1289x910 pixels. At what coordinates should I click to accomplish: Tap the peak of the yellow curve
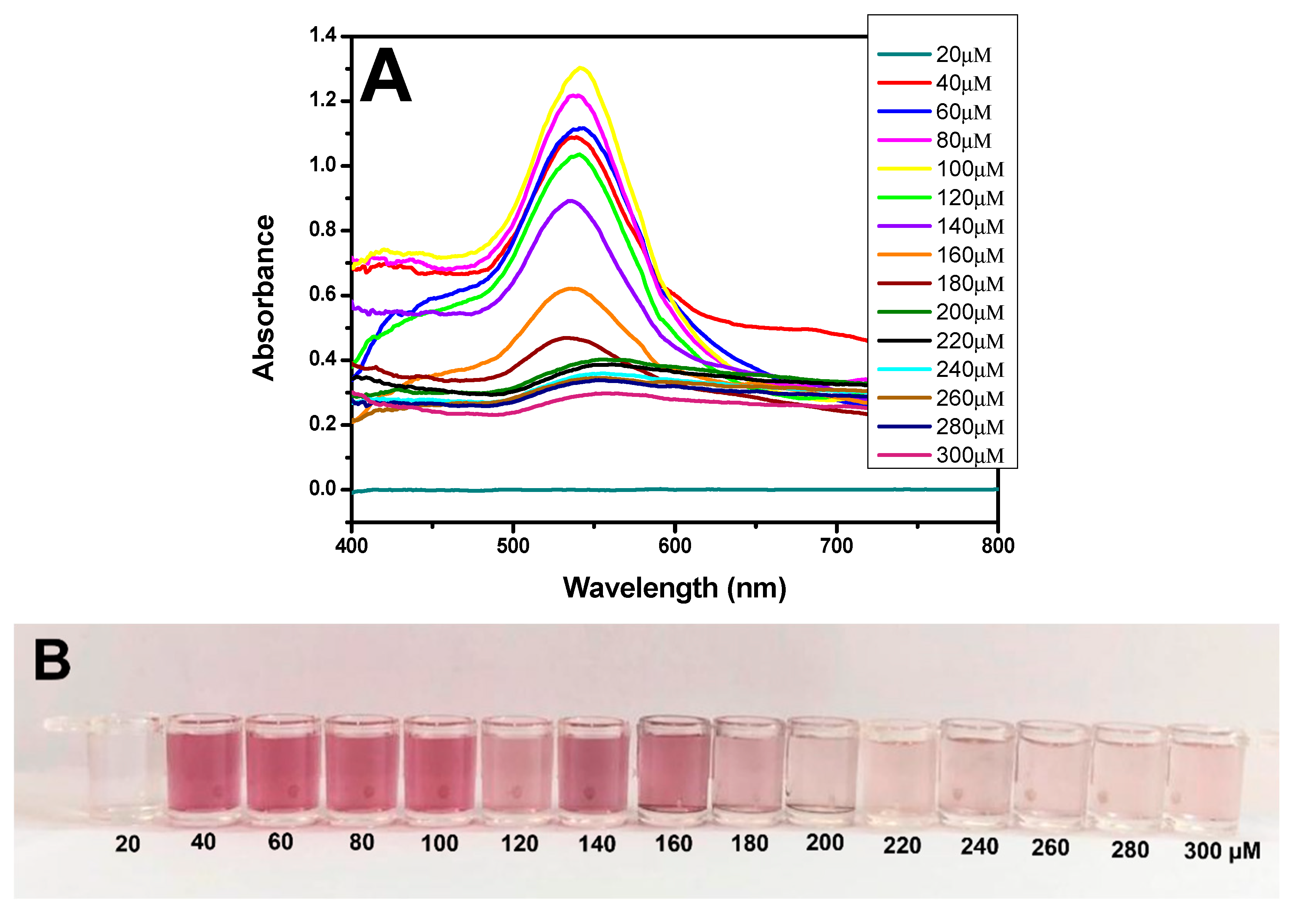point(581,68)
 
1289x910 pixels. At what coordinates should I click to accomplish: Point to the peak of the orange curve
point(571,289)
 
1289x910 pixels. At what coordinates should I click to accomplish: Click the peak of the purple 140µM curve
point(571,201)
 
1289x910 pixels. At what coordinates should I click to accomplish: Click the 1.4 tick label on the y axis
point(323,35)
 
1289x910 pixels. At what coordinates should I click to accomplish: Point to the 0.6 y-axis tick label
point(323,294)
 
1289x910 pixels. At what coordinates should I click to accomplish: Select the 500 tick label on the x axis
point(513,545)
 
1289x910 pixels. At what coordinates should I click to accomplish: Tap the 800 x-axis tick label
point(998,545)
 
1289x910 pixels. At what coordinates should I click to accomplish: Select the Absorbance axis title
point(263,298)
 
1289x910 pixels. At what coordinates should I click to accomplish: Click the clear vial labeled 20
point(126,769)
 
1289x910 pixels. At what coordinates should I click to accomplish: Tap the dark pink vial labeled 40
point(204,769)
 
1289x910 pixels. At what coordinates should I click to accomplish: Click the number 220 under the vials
point(902,845)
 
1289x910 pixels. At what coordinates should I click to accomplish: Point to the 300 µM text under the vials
point(1222,850)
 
